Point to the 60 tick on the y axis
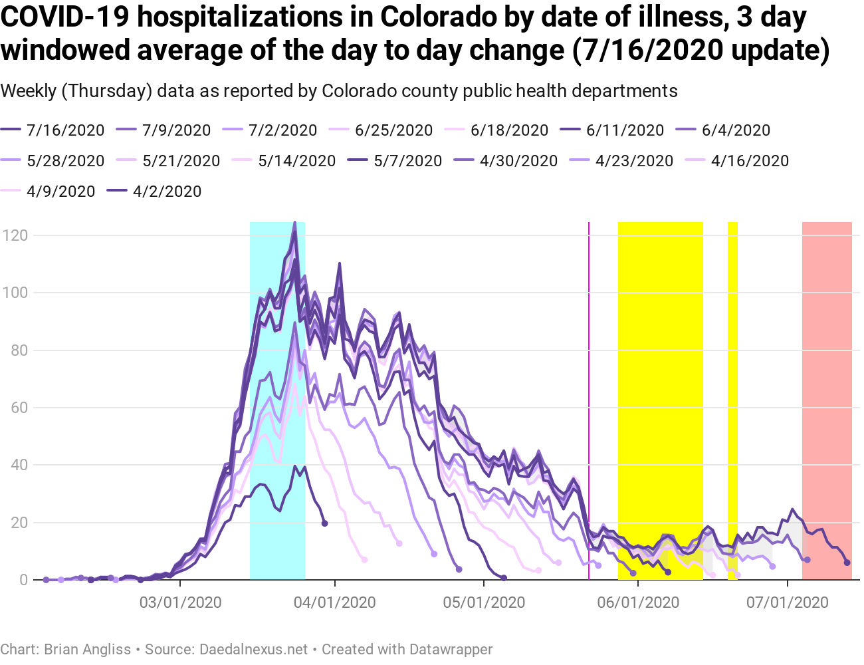point(19,408)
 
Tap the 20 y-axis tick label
point(19,523)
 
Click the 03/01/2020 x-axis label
point(181,602)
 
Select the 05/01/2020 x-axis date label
point(484,602)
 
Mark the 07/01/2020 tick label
point(788,602)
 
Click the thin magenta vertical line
point(589,399)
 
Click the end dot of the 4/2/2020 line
point(324,523)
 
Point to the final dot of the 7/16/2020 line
point(847,563)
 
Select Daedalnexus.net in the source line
point(254,649)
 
